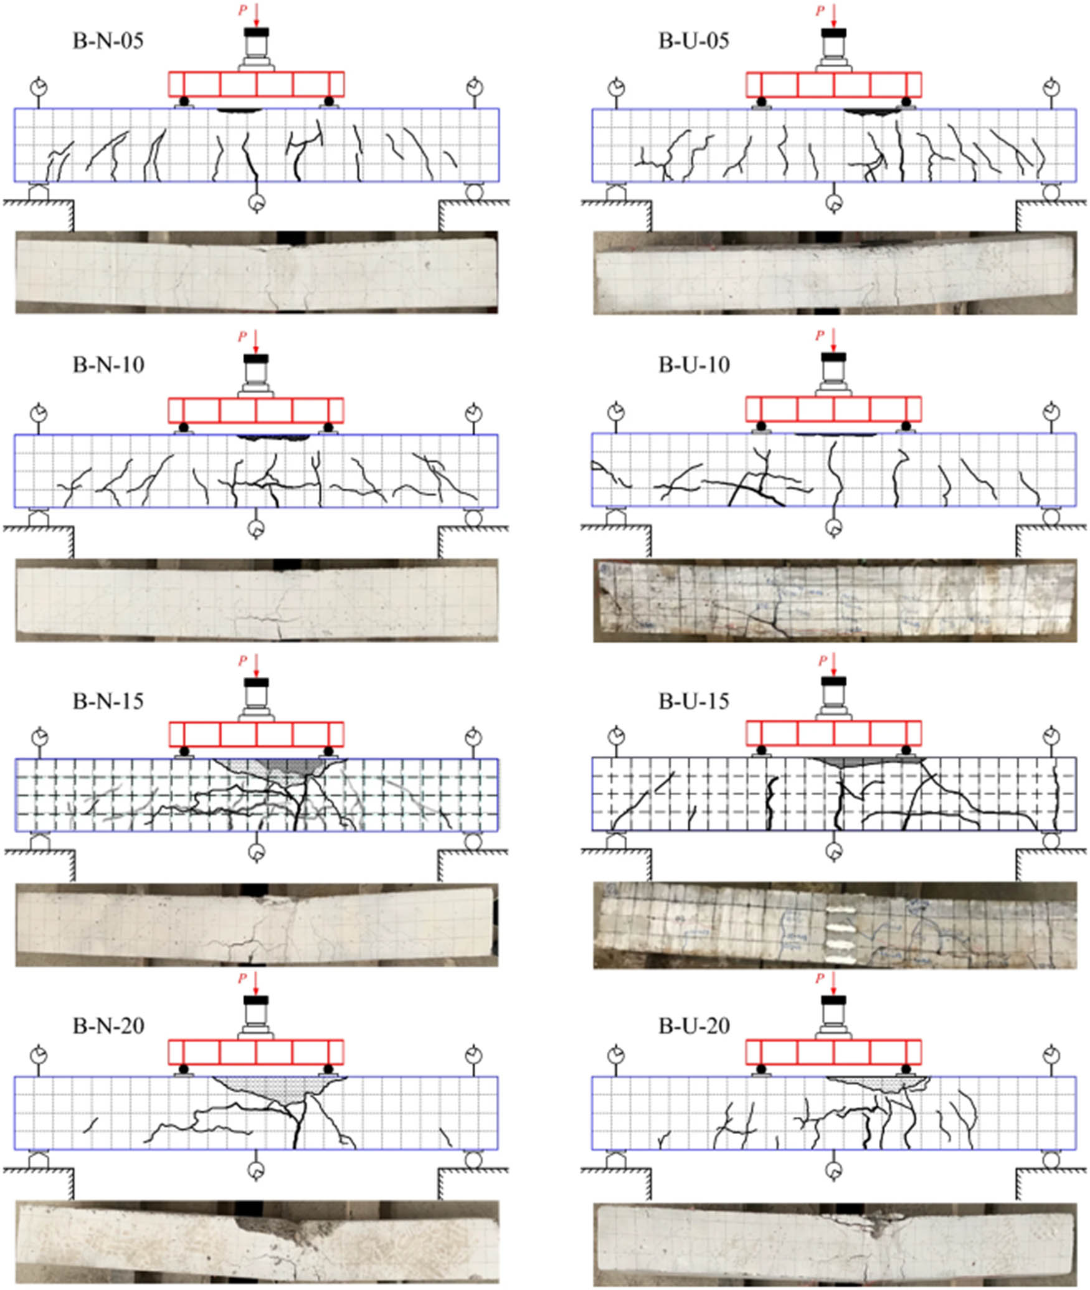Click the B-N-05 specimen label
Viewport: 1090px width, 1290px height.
[x=108, y=41]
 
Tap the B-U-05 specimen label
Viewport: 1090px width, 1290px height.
[x=694, y=41]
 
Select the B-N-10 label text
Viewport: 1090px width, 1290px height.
[x=108, y=365]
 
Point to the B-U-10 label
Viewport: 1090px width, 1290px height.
[x=694, y=365]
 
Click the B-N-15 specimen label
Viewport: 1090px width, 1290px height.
[x=108, y=701]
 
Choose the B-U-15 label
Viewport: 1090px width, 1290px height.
[x=694, y=701]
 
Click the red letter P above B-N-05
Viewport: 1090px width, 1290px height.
[x=242, y=11]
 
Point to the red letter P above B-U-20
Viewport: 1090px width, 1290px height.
[x=820, y=979]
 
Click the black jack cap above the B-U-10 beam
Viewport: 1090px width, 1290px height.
[x=833, y=358]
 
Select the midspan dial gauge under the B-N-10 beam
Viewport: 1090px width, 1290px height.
[x=256, y=529]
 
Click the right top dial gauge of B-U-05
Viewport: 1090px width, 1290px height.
[x=1051, y=87]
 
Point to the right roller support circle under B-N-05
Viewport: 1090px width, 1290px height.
[x=474, y=191]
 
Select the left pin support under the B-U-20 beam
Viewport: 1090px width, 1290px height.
[x=617, y=1160]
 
